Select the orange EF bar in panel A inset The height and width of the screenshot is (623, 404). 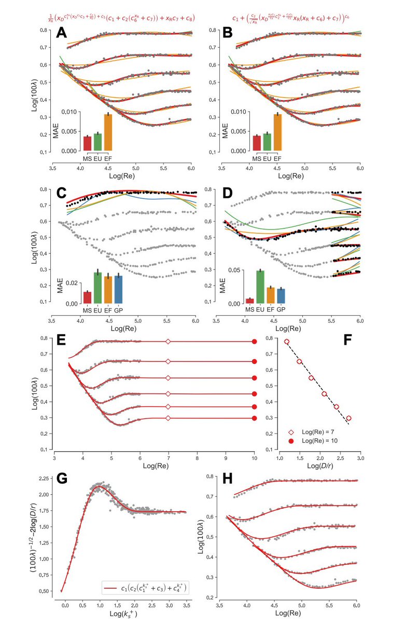point(108,132)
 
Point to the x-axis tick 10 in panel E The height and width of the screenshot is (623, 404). point(254,459)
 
